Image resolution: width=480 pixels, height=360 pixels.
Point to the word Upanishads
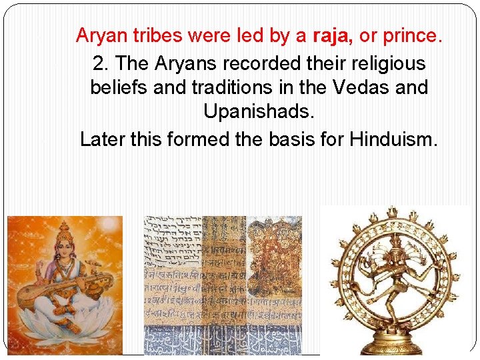pos(259,112)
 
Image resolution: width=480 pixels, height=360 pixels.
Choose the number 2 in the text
pos(99,64)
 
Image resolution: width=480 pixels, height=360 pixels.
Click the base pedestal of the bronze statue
pos(397,345)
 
